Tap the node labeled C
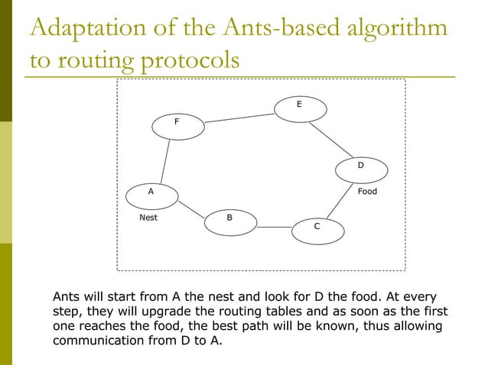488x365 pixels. coord(317,228)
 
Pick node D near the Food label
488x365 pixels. coord(361,166)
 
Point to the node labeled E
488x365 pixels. coord(299,105)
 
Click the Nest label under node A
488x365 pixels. coord(148,218)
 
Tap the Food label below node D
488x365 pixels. coord(368,192)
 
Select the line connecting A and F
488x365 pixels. coord(164,161)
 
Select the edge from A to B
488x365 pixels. coord(192,208)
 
